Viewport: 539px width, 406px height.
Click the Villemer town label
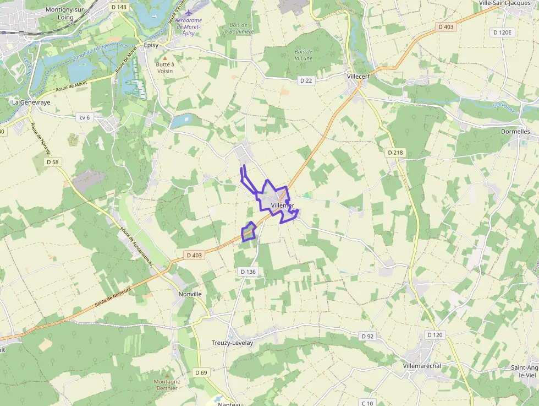tap(283, 205)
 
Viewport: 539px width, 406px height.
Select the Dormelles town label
tap(515, 132)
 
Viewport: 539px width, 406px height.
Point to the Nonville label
tap(190, 294)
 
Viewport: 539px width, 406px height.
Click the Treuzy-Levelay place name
tap(233, 343)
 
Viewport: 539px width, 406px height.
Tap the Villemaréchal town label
tap(422, 366)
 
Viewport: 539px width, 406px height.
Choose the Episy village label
tap(151, 46)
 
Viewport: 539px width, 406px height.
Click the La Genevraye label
tap(31, 102)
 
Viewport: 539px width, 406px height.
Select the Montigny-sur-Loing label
tap(66, 13)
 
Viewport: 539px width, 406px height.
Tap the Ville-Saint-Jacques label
tap(505, 3)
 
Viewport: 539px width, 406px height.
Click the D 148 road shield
tap(118, 7)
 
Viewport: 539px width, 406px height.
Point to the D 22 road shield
tap(306, 80)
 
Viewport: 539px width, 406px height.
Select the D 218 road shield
tap(395, 152)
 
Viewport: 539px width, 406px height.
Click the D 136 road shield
tap(249, 272)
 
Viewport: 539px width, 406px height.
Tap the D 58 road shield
tap(53, 162)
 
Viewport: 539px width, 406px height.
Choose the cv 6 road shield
tap(84, 117)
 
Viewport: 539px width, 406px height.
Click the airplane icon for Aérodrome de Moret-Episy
tap(189, 13)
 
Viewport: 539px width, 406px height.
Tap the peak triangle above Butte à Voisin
tap(164, 57)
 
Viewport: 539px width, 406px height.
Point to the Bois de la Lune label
tap(304, 55)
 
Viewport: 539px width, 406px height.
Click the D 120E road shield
tap(502, 33)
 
